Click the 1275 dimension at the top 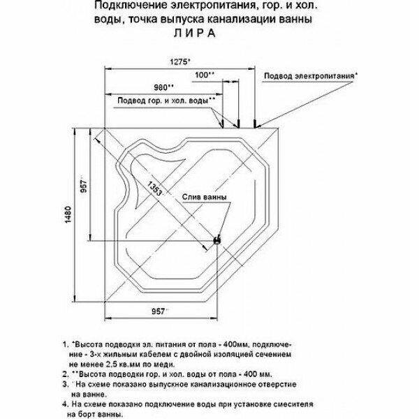(180, 61)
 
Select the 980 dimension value (163, 88)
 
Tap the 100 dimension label (205, 74)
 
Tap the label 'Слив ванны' (205, 198)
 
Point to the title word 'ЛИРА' (200, 34)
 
